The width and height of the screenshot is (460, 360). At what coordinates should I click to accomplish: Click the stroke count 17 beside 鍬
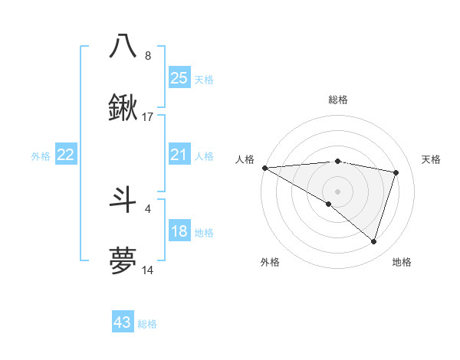pos(148,117)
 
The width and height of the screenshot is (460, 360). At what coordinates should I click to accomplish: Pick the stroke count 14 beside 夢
pos(148,270)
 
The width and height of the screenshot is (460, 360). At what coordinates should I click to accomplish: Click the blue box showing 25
pos(179,78)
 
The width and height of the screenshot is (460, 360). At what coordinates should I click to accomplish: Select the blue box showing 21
pos(179,155)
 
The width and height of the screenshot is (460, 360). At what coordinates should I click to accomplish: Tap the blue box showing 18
pos(179,232)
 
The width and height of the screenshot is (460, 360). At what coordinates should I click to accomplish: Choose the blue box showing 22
pos(66,155)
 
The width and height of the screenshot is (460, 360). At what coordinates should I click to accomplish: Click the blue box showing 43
pos(123,323)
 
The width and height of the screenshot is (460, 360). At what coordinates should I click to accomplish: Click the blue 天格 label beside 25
pos(204,79)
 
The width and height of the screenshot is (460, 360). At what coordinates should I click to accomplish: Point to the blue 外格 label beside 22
pos(41,156)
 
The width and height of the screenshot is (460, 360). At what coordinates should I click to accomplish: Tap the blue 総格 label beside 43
pos(147,324)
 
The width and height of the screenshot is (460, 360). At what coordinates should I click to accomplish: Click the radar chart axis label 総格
pos(337,100)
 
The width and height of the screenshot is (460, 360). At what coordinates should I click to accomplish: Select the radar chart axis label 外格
pos(270,262)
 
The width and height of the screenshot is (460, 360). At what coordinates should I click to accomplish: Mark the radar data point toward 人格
pos(264,167)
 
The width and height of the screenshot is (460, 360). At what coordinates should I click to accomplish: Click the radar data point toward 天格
pos(396,172)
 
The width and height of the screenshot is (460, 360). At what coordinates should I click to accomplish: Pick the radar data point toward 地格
pos(373,241)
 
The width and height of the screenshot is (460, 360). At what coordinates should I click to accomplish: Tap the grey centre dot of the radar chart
pos(337,191)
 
